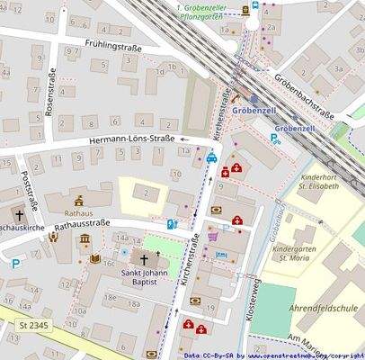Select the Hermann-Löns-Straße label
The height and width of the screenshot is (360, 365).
click(132, 141)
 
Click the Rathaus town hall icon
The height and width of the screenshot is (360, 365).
click(79, 201)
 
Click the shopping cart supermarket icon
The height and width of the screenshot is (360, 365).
click(213, 237)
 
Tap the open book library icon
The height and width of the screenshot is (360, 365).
click(94, 259)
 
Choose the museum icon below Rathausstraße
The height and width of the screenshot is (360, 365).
click(85, 238)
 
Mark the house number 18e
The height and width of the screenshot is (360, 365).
click(110, 296)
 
